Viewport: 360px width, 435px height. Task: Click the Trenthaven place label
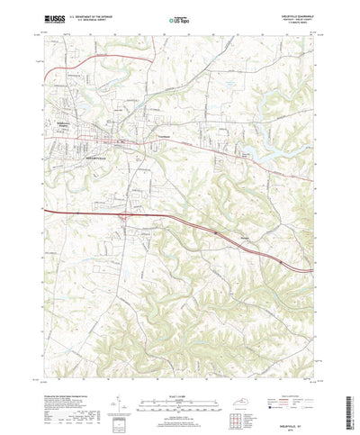pyautogui.click(x=165, y=136)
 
